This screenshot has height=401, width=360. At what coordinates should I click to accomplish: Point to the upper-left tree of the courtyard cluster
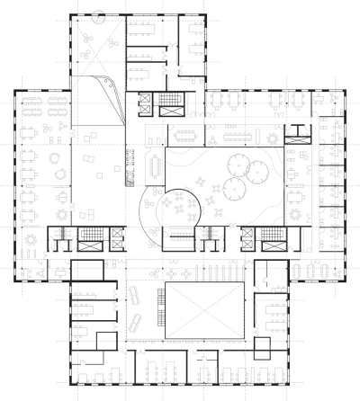tap(240, 163)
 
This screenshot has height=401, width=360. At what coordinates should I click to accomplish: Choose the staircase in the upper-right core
tap(297, 136)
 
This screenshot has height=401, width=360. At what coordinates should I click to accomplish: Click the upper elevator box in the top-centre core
tap(144, 97)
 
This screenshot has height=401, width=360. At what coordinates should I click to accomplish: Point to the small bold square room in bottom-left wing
tap(85, 271)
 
